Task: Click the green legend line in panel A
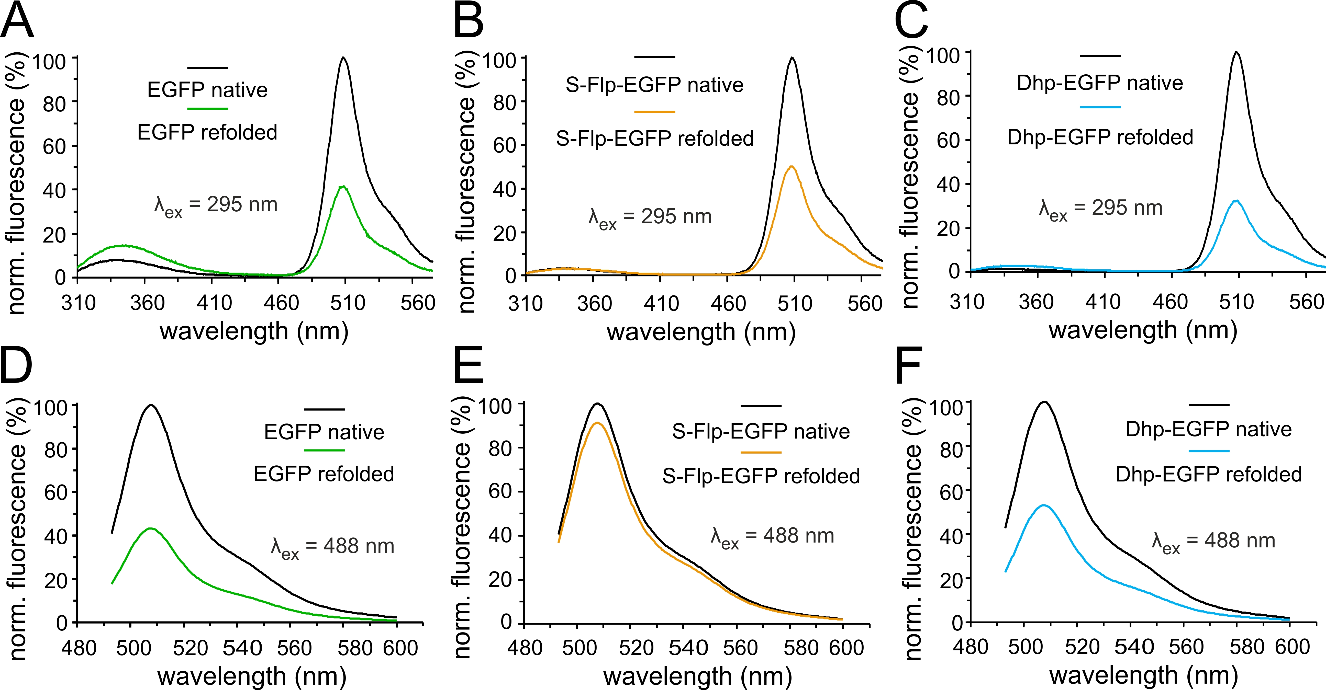coord(207,109)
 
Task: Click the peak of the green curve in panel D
coord(150,528)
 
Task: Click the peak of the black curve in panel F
coord(1044,402)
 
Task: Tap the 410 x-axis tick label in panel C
coord(1102,302)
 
